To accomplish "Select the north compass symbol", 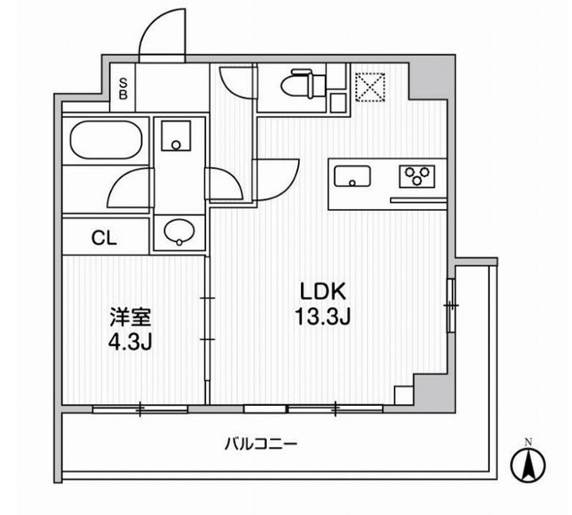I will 528,462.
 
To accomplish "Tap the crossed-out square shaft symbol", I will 369,88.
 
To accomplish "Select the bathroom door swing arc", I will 130,188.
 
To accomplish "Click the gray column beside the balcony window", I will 428,390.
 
